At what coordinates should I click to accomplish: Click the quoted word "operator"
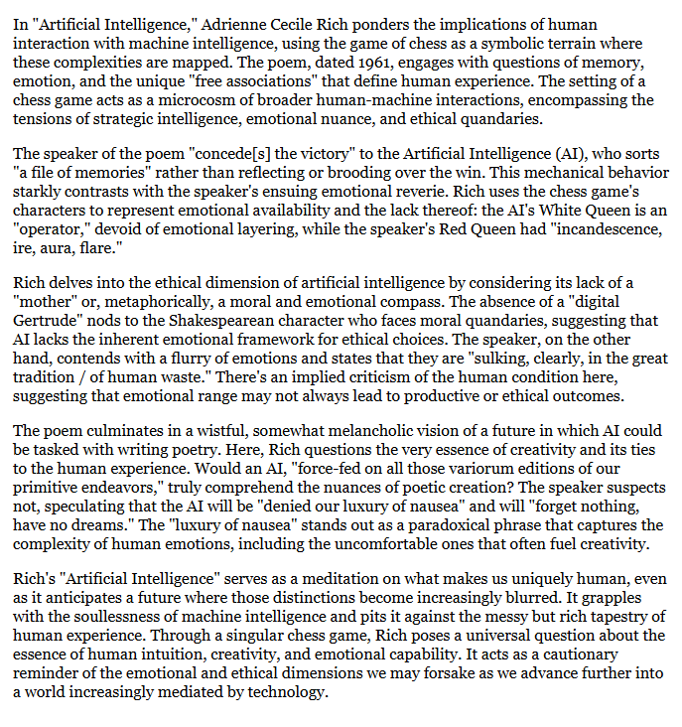coord(47,225)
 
